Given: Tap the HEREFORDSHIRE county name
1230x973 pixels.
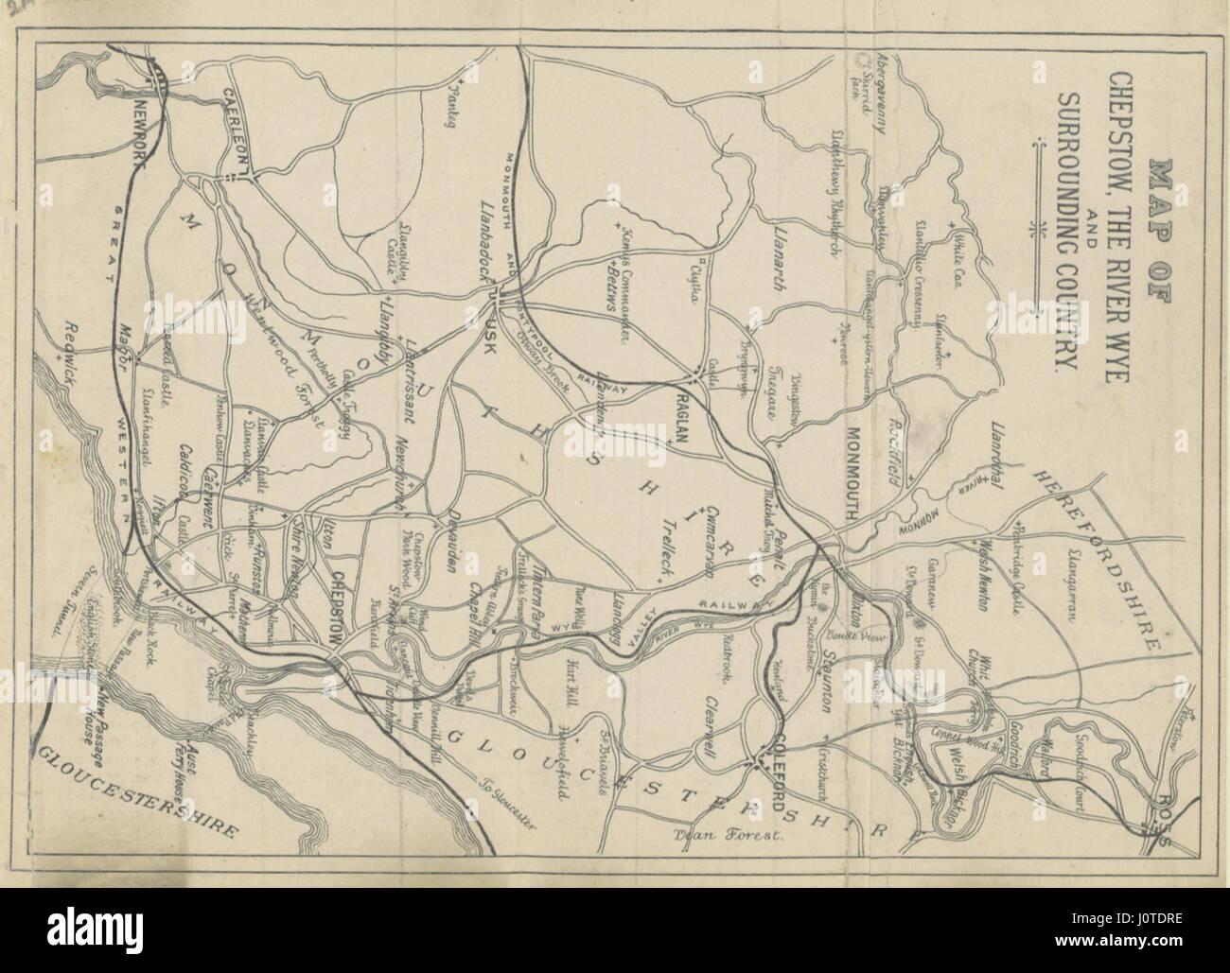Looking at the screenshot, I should (1098, 557).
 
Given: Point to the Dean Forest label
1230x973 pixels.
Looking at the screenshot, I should (718, 834).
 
